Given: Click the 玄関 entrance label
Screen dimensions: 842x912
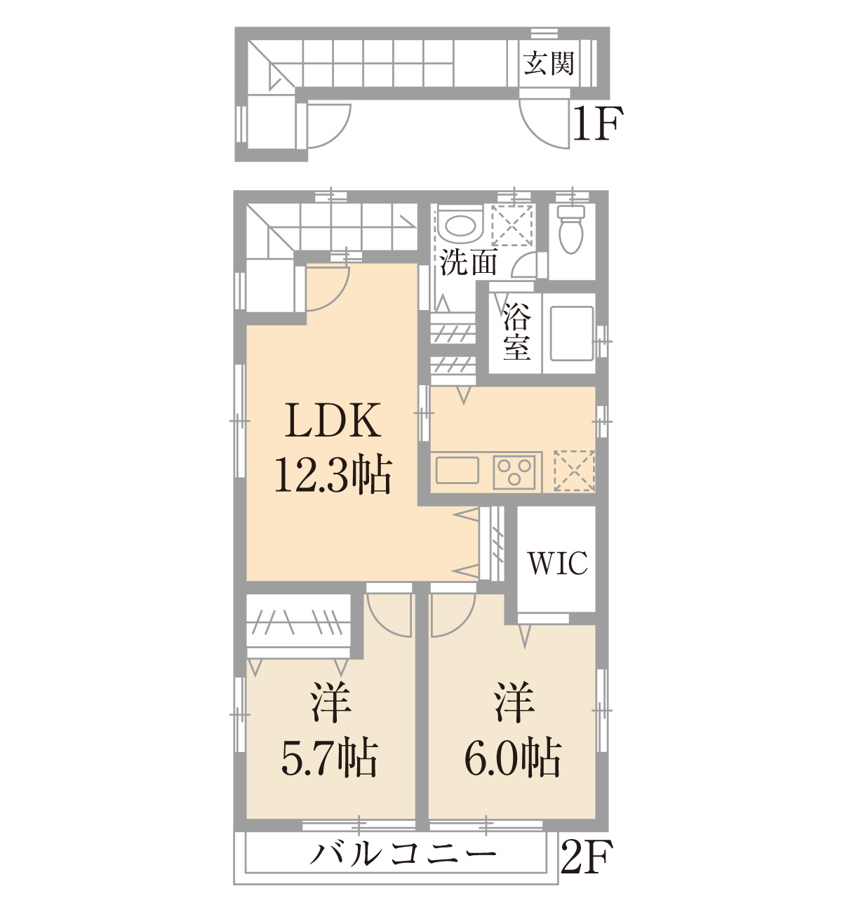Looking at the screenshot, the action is click(549, 63).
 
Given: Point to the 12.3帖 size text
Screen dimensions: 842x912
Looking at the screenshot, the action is click(333, 474).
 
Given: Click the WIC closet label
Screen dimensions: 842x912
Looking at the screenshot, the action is click(557, 563).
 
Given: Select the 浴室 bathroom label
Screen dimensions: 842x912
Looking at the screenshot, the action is click(516, 332).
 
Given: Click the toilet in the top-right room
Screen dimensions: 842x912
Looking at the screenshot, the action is click(570, 229).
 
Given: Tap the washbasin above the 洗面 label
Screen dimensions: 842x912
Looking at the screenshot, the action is click(460, 226).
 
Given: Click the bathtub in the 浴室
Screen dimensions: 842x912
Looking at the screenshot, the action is click(572, 333).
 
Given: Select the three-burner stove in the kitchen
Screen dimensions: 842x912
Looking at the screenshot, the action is click(514, 472).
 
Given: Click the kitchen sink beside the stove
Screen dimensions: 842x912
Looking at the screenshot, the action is click(457, 470).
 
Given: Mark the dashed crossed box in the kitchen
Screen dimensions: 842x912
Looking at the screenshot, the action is click(574, 471).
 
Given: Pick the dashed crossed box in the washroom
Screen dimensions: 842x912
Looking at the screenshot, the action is click(512, 225).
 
